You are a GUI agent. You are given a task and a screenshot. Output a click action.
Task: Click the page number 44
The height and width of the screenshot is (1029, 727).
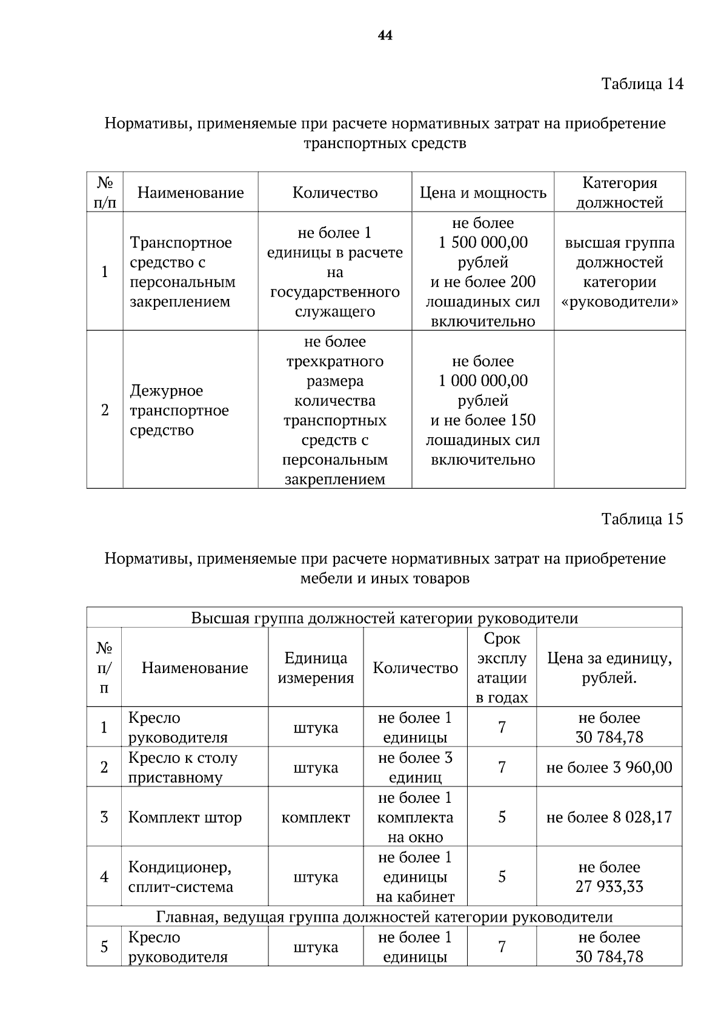coord(385,36)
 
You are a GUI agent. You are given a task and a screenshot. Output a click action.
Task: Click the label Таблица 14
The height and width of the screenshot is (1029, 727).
coord(642,84)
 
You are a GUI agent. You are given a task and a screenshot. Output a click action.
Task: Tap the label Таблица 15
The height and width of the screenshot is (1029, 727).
coord(642,518)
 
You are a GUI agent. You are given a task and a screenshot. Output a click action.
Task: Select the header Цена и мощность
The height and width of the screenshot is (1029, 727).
coord(483,193)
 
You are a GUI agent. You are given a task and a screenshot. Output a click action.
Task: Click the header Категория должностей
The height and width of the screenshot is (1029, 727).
coord(619,192)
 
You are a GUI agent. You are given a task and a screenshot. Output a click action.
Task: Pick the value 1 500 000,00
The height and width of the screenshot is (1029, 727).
coord(483,243)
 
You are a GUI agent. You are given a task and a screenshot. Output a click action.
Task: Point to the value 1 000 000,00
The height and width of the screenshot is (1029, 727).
coord(483,381)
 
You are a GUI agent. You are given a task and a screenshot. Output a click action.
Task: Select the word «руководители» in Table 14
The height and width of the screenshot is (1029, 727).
coord(619,302)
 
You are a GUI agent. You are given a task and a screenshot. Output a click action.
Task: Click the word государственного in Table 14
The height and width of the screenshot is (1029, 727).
coord(335,292)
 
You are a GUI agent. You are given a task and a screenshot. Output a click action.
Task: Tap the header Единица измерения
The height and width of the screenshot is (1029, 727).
coord(316,668)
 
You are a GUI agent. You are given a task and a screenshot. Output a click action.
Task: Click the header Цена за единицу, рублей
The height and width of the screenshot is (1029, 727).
coord(609,668)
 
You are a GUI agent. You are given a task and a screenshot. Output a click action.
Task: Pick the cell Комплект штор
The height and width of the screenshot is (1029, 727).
coord(185,817)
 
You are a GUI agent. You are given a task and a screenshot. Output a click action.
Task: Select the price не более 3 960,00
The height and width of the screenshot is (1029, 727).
coord(609,768)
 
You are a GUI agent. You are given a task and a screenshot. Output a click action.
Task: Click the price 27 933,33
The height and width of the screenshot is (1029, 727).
coord(609,887)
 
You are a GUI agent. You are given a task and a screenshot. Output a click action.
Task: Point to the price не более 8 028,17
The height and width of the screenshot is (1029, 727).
coord(609,817)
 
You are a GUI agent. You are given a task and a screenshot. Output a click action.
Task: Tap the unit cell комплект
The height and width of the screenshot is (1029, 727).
coord(316,817)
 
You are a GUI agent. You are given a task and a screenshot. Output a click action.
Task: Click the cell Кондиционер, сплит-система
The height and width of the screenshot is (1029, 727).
coord(181,877)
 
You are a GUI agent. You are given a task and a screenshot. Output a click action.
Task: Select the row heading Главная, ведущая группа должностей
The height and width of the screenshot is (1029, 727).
coord(384,917)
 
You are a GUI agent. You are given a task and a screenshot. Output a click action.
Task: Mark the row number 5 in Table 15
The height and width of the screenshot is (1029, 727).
coord(104,947)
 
